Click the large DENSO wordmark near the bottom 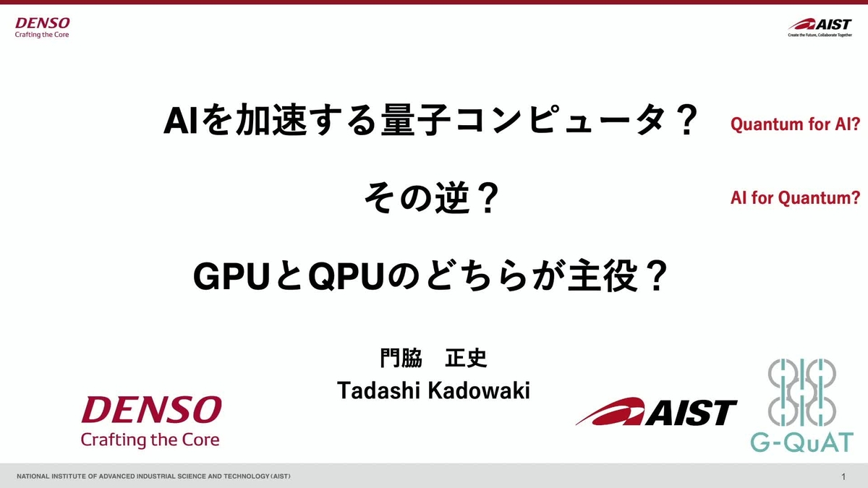[151, 411]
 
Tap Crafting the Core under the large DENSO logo [150, 439]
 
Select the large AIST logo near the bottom [656, 412]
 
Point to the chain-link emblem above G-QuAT [801, 393]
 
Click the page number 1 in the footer [844, 476]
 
